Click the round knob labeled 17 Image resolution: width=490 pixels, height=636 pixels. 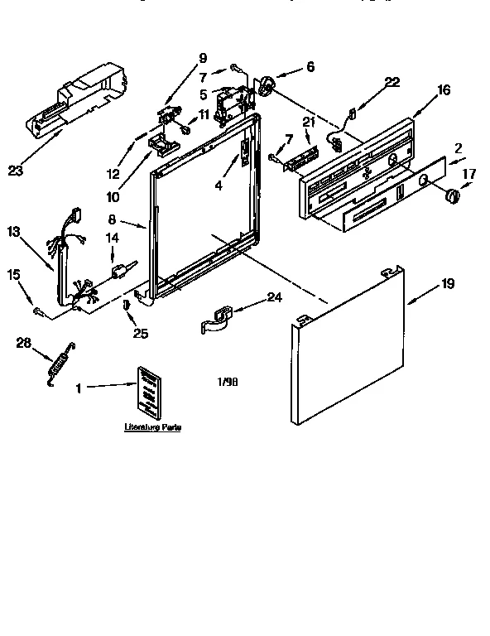452,195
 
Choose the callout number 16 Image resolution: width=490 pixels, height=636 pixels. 444,90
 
